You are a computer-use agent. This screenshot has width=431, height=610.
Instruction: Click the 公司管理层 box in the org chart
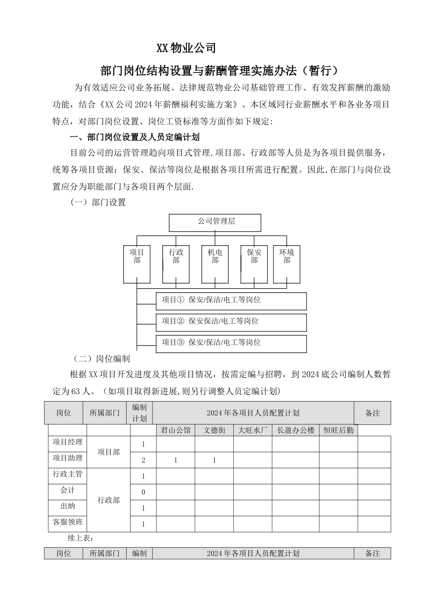[x=215, y=222]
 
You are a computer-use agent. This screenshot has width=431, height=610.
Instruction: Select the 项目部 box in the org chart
[x=137, y=264]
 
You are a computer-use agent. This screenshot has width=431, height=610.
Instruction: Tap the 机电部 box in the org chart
[x=215, y=264]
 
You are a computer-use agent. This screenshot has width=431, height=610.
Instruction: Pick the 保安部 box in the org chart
[x=254, y=264]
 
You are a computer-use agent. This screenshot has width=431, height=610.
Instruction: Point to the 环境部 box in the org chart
[x=287, y=264]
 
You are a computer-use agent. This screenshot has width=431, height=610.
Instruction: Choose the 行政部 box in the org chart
[x=176, y=264]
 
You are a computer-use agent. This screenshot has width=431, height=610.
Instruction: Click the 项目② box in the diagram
[x=231, y=322]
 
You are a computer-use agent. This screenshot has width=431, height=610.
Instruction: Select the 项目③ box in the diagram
[x=231, y=343]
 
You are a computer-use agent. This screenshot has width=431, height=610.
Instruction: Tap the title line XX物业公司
[x=186, y=48]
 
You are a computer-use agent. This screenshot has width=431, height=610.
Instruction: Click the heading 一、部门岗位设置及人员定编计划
[x=134, y=137]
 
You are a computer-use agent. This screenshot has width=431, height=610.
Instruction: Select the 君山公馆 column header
[x=176, y=430]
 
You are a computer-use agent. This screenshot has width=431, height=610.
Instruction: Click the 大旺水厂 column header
[x=253, y=430]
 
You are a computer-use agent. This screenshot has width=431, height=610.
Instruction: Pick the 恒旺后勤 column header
[x=338, y=430]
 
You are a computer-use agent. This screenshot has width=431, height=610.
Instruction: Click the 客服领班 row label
[x=68, y=522]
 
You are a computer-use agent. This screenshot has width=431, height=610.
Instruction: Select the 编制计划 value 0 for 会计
[x=143, y=492]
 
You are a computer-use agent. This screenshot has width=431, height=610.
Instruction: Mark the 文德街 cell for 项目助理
[x=214, y=460]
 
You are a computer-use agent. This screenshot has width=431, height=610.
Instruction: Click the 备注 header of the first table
[x=372, y=413]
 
